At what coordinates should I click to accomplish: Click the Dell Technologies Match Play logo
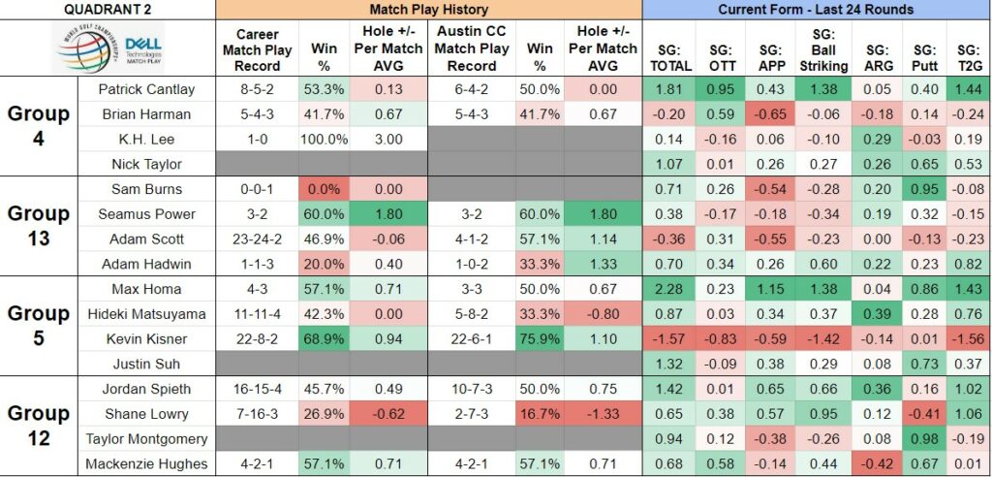pos(111,48)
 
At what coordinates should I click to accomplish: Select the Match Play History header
pos(428,10)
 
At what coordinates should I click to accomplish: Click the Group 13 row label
pos(39,226)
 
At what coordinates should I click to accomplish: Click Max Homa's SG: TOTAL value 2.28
pos(669,289)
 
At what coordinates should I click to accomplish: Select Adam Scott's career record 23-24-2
pos(258,238)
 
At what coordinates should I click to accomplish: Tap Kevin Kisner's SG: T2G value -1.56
pos(969,339)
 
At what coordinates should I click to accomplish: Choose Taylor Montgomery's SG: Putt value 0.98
pos(927,439)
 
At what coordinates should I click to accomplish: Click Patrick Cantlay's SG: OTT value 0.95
pos(719,89)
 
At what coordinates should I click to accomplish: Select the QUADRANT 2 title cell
pos(108,10)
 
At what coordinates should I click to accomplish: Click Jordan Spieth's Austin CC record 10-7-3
pos(472,389)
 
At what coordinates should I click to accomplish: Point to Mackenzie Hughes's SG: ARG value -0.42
pos(880,464)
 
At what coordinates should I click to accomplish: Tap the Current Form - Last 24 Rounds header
pos(816,10)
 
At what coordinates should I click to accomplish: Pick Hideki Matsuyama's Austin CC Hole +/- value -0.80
pos(599,314)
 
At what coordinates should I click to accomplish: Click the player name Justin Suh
pos(147,364)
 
